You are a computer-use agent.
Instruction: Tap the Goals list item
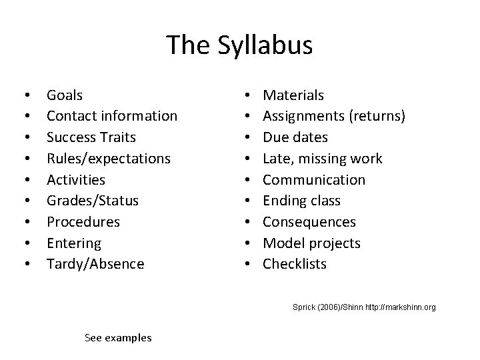coord(65,95)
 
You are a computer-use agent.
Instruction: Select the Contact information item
coord(111,116)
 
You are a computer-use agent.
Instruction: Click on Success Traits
coord(91,137)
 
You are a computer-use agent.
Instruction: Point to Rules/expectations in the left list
coord(108,159)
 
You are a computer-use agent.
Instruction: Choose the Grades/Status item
coord(92,201)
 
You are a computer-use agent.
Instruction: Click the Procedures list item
coord(83,221)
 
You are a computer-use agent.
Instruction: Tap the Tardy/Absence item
coord(95,264)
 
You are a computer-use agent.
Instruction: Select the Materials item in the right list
coord(293,95)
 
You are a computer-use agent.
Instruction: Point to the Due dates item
coord(295,137)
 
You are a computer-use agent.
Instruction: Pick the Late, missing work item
coord(322,159)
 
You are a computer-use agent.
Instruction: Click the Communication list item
coord(314,180)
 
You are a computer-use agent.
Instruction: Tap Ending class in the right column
coord(301,201)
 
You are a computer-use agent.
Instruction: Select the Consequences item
coord(309,221)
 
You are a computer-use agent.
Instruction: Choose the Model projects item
coord(311,243)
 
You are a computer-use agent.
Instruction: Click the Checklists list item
coord(295,264)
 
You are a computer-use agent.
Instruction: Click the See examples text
coord(118,338)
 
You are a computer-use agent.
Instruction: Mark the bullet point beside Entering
coord(25,243)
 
